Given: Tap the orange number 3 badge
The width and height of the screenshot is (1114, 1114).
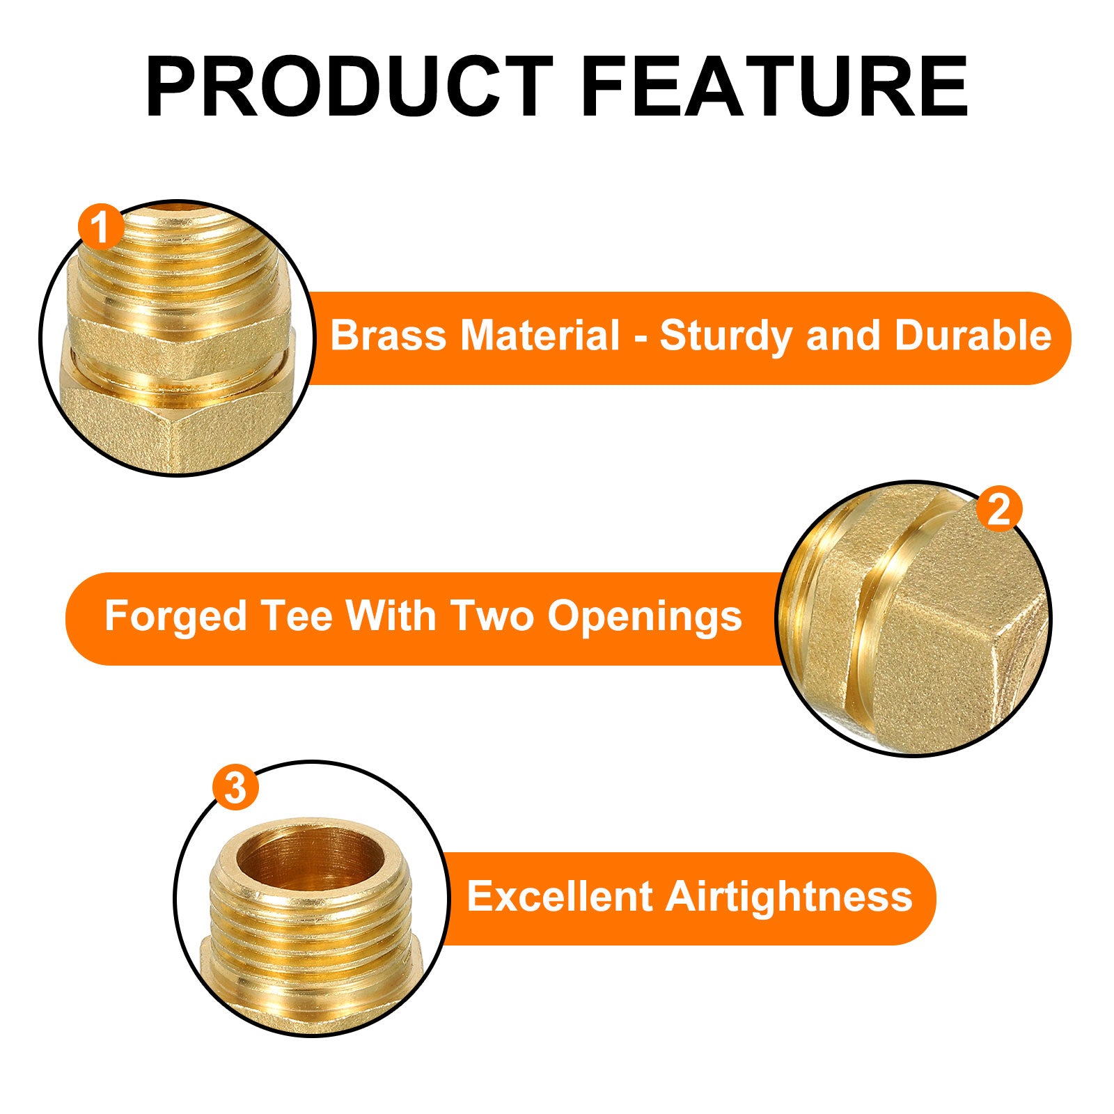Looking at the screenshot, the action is pos(236,788).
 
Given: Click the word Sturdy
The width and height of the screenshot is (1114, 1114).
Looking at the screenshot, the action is pos(727,337).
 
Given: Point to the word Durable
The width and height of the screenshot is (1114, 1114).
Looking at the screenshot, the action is pos(973,336).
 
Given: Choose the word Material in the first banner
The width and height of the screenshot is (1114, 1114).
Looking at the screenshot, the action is pos(540,336).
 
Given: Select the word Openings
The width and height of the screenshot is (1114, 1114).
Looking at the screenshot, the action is pos(645,618).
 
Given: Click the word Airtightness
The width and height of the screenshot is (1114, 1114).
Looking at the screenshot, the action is pos(789,896).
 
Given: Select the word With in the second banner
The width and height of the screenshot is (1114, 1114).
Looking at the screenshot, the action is pos(391,616).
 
